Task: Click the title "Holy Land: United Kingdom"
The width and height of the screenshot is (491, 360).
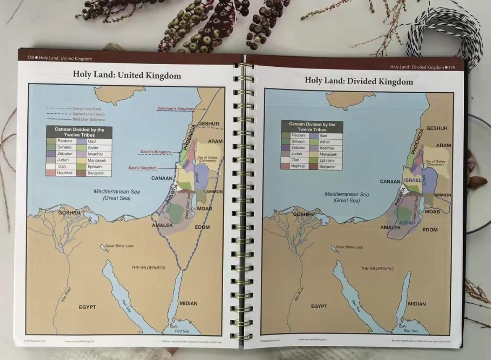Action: pos(127,75)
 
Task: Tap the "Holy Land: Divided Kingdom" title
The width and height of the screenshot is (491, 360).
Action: pos(359,81)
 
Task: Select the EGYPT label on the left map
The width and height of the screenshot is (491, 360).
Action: pos(87,307)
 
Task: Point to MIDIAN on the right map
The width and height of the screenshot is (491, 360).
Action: pos(416,304)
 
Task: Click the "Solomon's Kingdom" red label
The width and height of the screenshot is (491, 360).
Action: pos(175,109)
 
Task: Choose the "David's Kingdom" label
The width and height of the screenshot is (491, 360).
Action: pos(155,152)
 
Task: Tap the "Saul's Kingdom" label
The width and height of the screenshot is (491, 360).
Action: pos(142,168)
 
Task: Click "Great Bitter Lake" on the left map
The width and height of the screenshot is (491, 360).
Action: pos(119,245)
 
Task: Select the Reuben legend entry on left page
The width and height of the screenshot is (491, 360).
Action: pos(65,141)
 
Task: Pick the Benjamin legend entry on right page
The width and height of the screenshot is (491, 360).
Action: pos(327,167)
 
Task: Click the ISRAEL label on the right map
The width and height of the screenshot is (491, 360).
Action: pos(413,180)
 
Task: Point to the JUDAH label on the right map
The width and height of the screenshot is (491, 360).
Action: pos(407,222)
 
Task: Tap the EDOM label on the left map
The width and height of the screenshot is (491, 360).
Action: pos(202,227)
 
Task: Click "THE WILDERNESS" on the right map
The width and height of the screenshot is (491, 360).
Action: pos(377,269)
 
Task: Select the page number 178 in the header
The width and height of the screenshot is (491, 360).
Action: pos(30,58)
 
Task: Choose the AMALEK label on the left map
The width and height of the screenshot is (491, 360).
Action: pos(162,225)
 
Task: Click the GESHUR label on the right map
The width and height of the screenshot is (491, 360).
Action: pos(436,128)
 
